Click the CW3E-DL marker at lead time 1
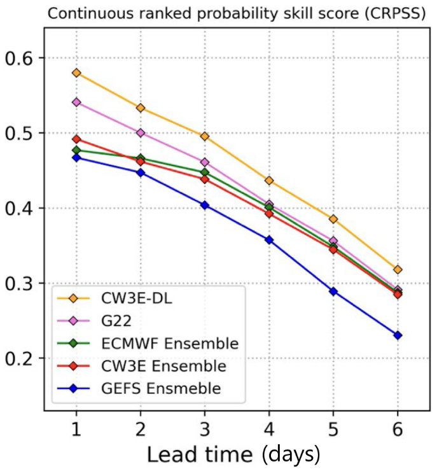77,73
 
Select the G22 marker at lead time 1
77,102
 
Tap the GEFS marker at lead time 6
398,335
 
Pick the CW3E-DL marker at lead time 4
269,181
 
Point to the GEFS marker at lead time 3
205,205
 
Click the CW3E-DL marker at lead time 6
398,269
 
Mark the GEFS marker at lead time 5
333,291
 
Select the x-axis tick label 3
205,430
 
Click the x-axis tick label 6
398,430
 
